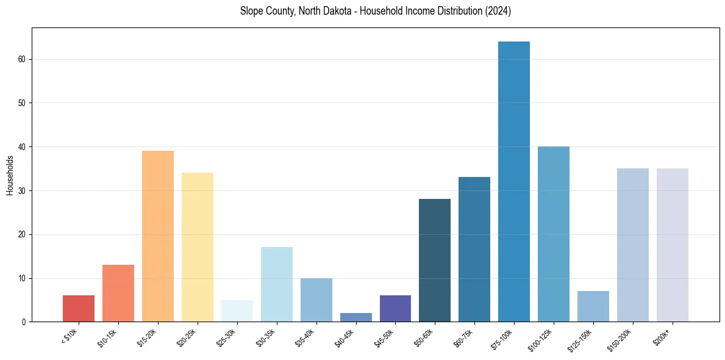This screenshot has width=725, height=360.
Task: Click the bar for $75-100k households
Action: coord(514,181)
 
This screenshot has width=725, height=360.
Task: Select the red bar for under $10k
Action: coord(79,309)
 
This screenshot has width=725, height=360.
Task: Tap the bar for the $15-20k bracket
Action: coord(158,236)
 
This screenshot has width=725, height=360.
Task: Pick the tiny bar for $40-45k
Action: coord(356,317)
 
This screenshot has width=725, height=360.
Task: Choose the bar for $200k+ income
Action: coord(673,245)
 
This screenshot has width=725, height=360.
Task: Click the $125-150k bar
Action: coord(593,306)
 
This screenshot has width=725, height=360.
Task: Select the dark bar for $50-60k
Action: coord(435,261)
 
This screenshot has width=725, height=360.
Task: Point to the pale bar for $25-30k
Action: coord(237,311)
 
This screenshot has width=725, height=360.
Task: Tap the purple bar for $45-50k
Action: coord(395,309)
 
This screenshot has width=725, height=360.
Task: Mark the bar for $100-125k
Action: coord(554,234)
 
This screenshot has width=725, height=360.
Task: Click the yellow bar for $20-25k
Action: coord(198,247)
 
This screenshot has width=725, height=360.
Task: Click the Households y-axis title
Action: coord(10,175)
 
